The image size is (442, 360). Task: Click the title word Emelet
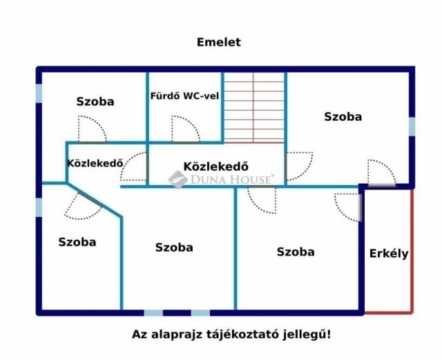(219, 42)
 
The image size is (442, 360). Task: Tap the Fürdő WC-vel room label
(184, 96)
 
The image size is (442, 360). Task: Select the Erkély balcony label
(389, 254)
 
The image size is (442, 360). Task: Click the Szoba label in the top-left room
(95, 102)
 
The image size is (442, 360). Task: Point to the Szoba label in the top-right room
(343, 117)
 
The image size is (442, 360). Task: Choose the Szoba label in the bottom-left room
(77, 242)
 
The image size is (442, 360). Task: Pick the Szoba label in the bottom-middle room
(174, 247)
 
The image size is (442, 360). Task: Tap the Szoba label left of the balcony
(296, 252)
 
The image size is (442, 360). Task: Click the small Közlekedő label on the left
(95, 163)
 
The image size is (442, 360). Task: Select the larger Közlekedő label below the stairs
(216, 167)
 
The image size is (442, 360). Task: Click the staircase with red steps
(254, 108)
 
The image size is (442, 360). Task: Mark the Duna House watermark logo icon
(177, 180)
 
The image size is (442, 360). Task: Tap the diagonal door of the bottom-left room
(90, 199)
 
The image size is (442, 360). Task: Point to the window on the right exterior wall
(412, 126)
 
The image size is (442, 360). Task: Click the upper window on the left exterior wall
(39, 94)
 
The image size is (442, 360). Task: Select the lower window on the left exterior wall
(39, 208)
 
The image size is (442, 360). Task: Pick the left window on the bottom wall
(153, 312)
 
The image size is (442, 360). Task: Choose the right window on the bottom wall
(200, 312)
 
